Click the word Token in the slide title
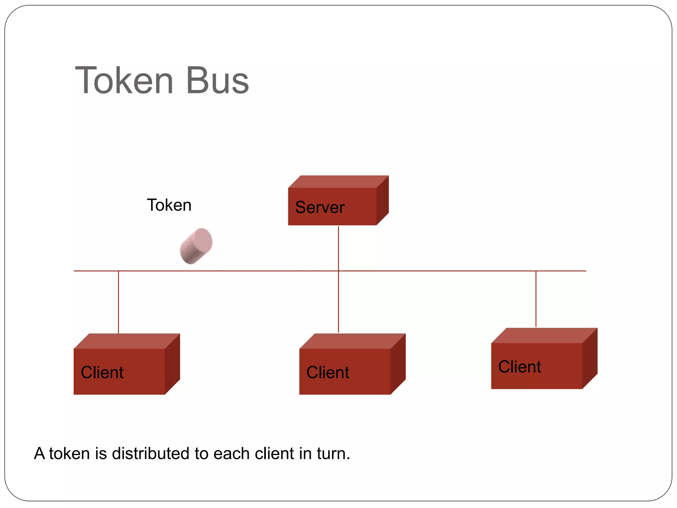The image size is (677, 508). click(124, 80)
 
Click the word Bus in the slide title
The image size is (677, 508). click(217, 80)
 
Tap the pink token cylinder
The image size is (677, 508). click(196, 246)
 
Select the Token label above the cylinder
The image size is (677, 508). click(169, 205)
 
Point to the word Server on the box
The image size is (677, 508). click(320, 207)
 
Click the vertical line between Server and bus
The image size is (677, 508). click(338, 248)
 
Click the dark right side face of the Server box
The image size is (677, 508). click(382, 200)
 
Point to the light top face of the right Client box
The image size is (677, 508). click(544, 335)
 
